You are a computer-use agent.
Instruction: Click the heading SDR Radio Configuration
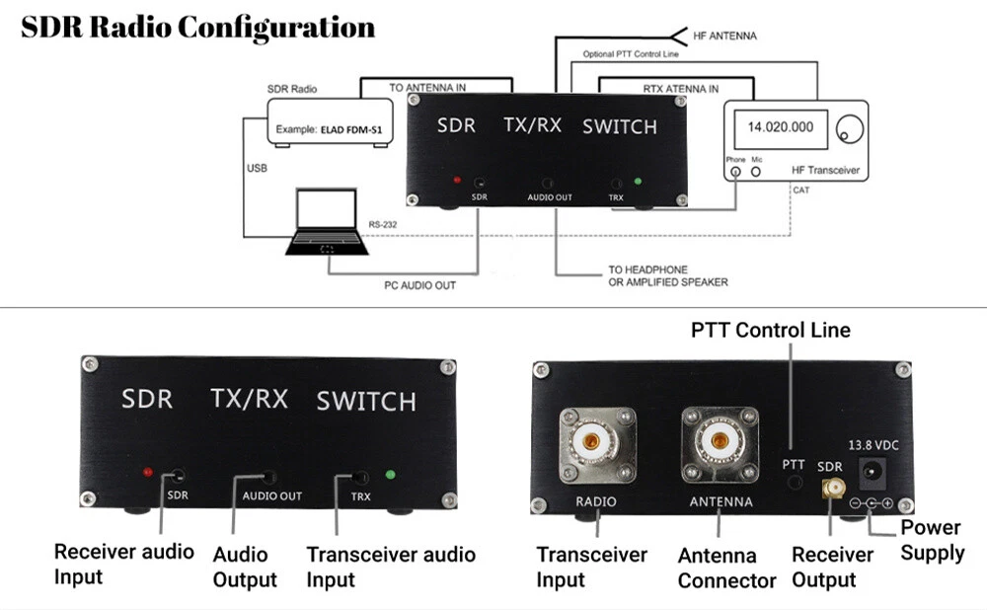click(x=197, y=27)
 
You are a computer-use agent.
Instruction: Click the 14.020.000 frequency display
click(x=781, y=127)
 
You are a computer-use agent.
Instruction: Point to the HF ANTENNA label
click(x=725, y=36)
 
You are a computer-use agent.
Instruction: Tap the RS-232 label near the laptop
click(x=384, y=225)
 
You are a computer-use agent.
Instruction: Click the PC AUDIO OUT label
click(x=419, y=286)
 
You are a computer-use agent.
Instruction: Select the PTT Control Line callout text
click(x=771, y=330)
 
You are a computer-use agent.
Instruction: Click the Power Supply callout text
click(x=932, y=541)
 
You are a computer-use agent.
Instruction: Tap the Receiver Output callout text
click(x=832, y=567)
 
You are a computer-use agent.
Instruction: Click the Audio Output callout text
click(x=245, y=567)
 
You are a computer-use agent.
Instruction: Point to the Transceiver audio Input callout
click(x=391, y=567)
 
